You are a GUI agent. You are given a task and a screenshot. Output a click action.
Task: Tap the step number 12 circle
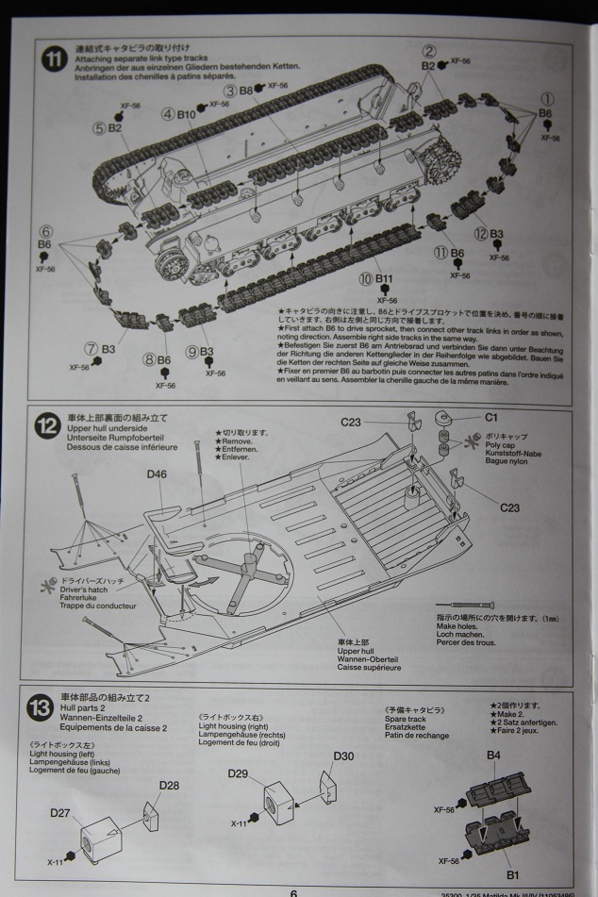click(47, 425)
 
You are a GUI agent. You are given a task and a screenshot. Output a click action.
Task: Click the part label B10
click(185, 115)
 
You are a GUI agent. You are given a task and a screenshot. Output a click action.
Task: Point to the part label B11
click(385, 279)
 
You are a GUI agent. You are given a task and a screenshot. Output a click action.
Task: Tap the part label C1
click(490, 417)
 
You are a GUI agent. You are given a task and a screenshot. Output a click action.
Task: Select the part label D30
click(343, 756)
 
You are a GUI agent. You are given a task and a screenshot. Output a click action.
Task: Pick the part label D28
click(169, 785)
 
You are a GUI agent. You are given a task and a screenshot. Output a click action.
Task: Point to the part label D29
click(239, 773)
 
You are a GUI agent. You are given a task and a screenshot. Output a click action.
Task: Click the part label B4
click(493, 755)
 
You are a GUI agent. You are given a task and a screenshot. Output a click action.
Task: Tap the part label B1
click(512, 874)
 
